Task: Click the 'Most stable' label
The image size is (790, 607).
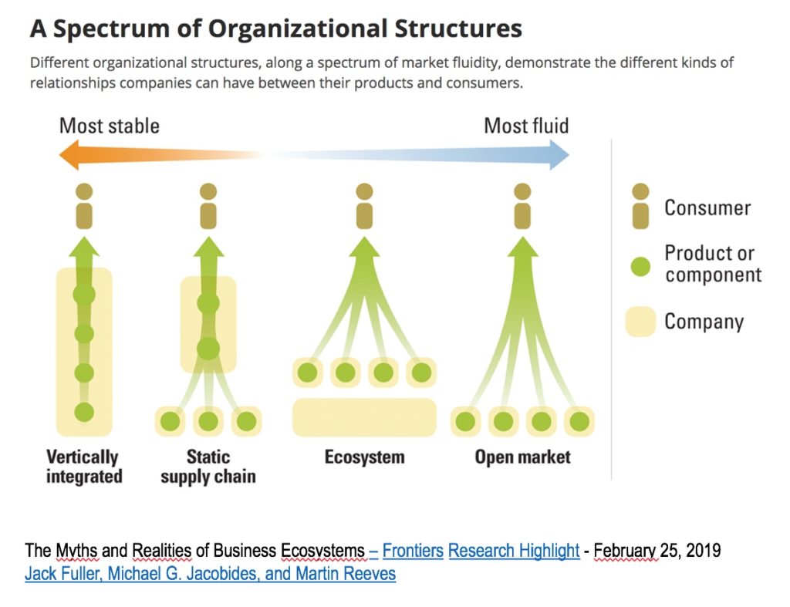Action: pos(110,126)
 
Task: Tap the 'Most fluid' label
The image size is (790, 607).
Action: pos(526,126)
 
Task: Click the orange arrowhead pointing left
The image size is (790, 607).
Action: pos(69,155)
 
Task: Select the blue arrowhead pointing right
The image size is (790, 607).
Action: pos(559,155)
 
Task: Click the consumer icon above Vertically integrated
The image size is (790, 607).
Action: pos(84,206)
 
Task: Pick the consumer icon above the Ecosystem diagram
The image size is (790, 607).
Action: pos(364,206)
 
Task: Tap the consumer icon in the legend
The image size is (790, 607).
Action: pos(640,206)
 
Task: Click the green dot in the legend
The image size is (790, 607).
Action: pos(640,266)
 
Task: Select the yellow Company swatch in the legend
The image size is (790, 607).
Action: pos(640,322)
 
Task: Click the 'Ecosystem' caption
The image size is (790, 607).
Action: pos(364,457)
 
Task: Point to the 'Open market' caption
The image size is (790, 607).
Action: pos(522,457)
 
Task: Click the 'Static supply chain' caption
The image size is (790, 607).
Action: pos(208,467)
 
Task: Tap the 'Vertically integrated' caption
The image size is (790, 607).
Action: pos(84,467)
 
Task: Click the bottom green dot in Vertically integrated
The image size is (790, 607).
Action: pos(84,412)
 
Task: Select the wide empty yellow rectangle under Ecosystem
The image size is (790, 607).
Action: pos(364,417)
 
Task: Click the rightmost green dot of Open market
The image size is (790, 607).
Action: pos(579,422)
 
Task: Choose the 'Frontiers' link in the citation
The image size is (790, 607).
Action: pos(413,551)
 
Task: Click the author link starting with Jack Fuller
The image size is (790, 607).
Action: pos(210,574)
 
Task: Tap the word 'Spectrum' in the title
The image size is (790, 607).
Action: pos(111,29)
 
